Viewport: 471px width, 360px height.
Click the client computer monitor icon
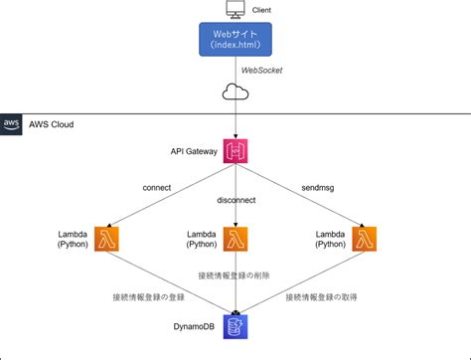click(x=235, y=11)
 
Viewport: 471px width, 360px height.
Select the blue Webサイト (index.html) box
click(x=235, y=41)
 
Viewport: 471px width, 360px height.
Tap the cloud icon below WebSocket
click(x=235, y=94)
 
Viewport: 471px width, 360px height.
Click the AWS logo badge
click(x=12, y=124)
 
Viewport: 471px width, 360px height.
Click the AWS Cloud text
click(x=50, y=124)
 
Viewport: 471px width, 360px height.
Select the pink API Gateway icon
click(x=235, y=151)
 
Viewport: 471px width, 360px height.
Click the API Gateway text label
click(x=194, y=151)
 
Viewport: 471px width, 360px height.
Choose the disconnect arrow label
click(x=235, y=200)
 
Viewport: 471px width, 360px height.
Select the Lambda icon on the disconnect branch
click(x=235, y=239)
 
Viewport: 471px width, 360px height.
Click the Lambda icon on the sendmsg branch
click(x=364, y=239)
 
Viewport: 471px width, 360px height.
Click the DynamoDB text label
click(x=194, y=326)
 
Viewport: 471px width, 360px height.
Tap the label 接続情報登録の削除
click(x=235, y=274)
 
